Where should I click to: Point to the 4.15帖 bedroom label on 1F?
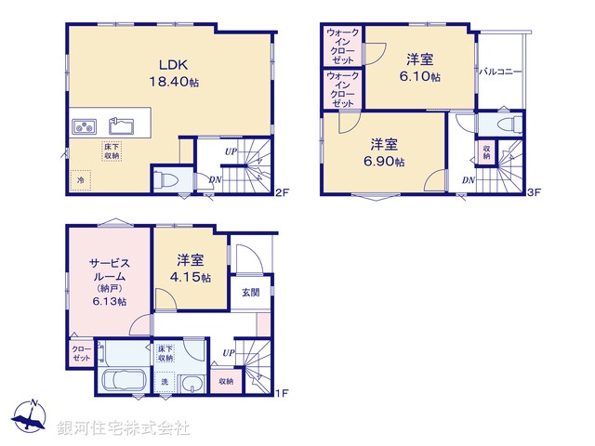pos(191,269)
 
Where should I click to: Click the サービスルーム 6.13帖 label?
pos(109,282)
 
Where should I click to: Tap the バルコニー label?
pos(500,72)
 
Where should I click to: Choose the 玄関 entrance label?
pos(251,292)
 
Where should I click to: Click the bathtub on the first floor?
pos(122,382)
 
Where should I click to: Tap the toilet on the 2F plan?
pos(167,180)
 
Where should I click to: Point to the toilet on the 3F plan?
pos(498,125)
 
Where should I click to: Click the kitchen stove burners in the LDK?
pos(81,125)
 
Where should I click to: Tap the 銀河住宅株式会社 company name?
pos(123,428)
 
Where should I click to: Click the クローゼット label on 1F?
pos(80,354)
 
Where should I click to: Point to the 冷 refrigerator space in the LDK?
pos(81,179)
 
